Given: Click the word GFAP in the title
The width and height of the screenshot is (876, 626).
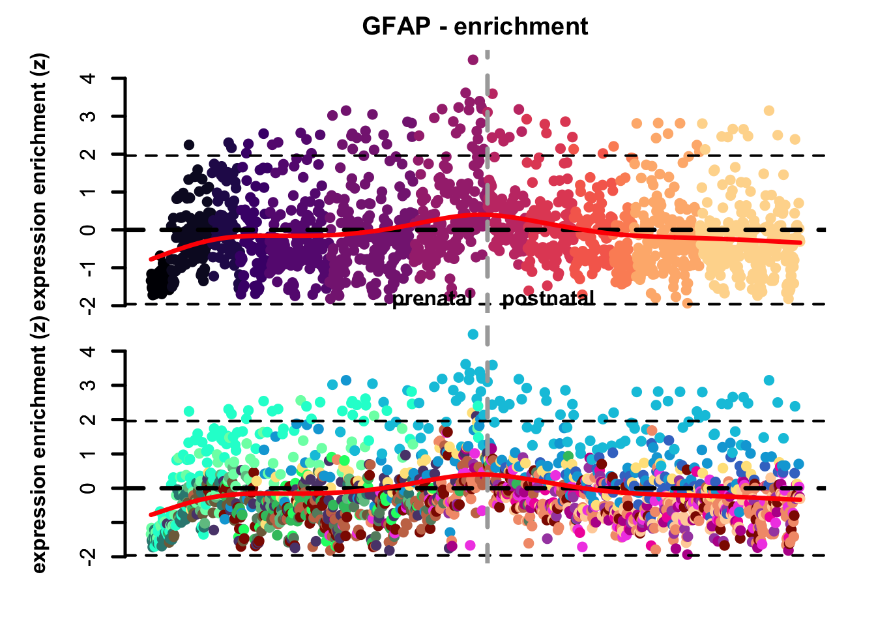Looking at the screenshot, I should [396, 27].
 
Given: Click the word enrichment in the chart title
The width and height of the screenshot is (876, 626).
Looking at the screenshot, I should [521, 27].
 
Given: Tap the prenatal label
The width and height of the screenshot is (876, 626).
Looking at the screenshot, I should [431, 299].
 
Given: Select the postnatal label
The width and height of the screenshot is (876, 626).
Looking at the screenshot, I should [548, 299].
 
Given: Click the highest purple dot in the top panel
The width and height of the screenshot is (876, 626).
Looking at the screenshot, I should [473, 59].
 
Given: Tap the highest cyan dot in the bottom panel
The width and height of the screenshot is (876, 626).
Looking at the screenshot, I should [473, 335].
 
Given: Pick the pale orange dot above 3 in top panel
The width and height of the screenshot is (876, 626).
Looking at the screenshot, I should [769, 111].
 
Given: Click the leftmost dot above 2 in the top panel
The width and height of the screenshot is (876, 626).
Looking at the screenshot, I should [189, 145].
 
